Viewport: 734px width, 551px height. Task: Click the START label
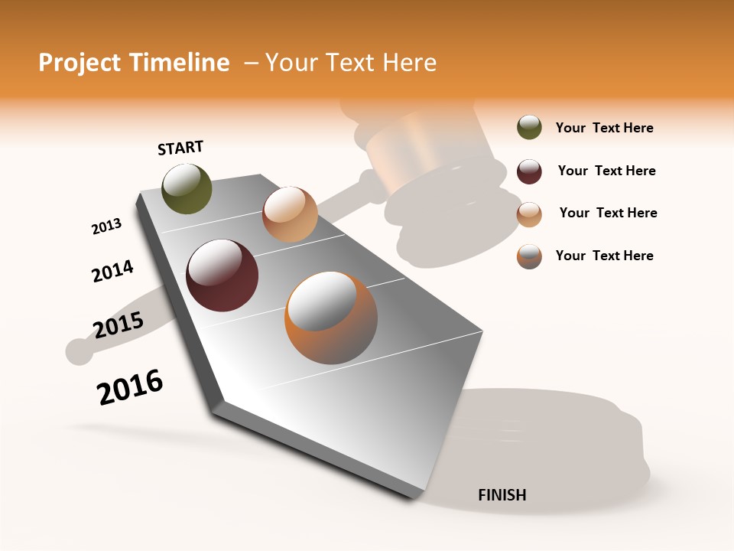point(180,148)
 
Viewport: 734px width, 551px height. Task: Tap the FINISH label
point(502,495)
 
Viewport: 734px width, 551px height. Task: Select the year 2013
point(106,227)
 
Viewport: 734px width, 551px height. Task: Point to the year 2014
point(112,271)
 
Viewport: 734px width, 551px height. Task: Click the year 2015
point(118,325)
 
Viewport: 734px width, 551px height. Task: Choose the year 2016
point(130,387)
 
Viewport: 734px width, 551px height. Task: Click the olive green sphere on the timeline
point(187,188)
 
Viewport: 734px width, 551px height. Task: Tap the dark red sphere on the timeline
point(222,275)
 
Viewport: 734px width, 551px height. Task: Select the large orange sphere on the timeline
point(331,318)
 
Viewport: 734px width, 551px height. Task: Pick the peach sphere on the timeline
point(290,214)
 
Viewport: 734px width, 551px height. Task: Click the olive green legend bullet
point(529,128)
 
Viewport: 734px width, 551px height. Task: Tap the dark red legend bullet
point(529,171)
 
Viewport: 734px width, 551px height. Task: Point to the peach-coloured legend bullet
point(529,214)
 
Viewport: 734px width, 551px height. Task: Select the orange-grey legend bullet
point(529,256)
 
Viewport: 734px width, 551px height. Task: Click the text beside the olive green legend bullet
point(604,128)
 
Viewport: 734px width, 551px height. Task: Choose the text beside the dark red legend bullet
point(606,171)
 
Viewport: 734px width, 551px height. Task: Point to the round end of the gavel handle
point(79,350)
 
